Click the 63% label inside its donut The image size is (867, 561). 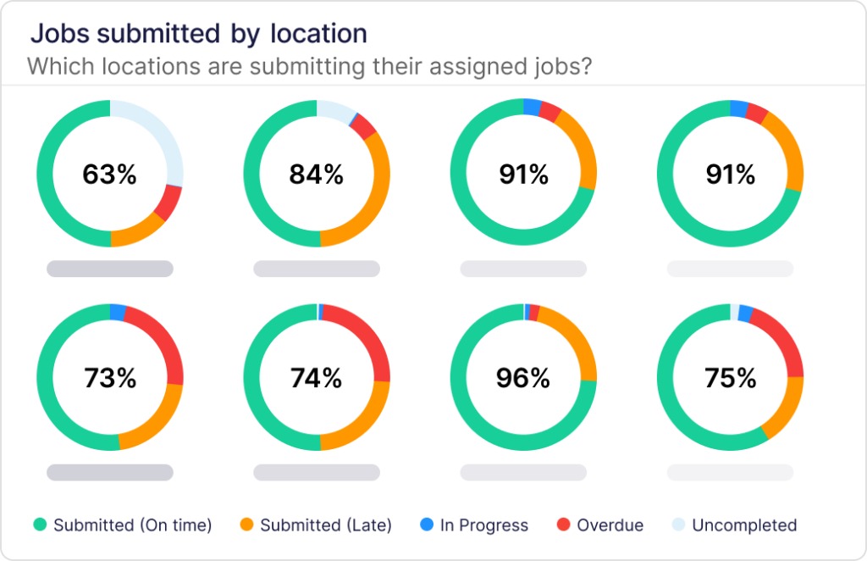click(x=109, y=175)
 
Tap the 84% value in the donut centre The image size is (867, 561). click(x=317, y=175)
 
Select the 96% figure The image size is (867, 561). click(x=523, y=378)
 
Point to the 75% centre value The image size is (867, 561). click(x=730, y=378)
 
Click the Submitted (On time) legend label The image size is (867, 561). click(x=132, y=525)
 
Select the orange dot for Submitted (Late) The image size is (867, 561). click(x=246, y=525)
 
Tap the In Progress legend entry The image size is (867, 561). click(x=483, y=525)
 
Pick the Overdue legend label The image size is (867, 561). click(x=610, y=525)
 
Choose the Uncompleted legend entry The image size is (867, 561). click(x=744, y=525)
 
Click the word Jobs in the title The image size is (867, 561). click(x=59, y=34)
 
